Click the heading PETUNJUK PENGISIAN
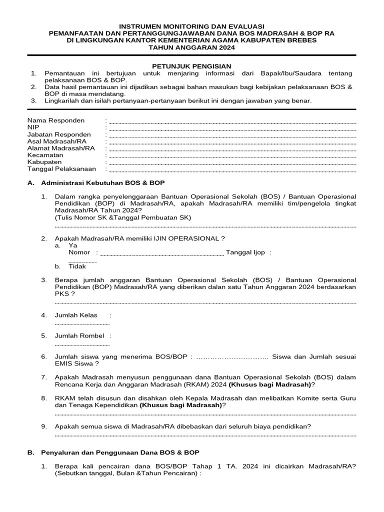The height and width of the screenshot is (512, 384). pyautogui.click(x=191, y=66)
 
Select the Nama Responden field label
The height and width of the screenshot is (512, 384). pyautogui.click(x=56, y=120)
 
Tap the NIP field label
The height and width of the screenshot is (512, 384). pyautogui.click(x=33, y=127)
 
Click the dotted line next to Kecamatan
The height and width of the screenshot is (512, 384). pyautogui.click(x=232, y=156)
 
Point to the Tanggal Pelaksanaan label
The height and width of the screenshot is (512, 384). pyautogui.click(x=61, y=169)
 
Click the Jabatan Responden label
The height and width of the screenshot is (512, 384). pyautogui.click(x=59, y=134)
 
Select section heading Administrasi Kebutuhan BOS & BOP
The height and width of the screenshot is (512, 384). pyautogui.click(x=102, y=183)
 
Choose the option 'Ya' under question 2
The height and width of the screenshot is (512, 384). pyautogui.click(x=73, y=245)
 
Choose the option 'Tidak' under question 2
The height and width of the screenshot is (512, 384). pyautogui.click(x=77, y=266)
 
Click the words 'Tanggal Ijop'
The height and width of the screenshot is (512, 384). pyautogui.click(x=245, y=252)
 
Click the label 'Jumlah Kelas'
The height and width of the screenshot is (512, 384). pyautogui.click(x=76, y=315)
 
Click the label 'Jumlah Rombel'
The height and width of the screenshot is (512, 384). pyautogui.click(x=79, y=335)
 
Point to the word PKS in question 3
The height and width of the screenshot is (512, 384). pyautogui.click(x=61, y=294)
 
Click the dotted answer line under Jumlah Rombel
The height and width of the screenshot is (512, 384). pyautogui.click(x=82, y=345)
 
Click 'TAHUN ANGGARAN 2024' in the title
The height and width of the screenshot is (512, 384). pyautogui.click(x=192, y=47)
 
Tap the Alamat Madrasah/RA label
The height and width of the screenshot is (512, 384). pyautogui.click(x=61, y=148)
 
